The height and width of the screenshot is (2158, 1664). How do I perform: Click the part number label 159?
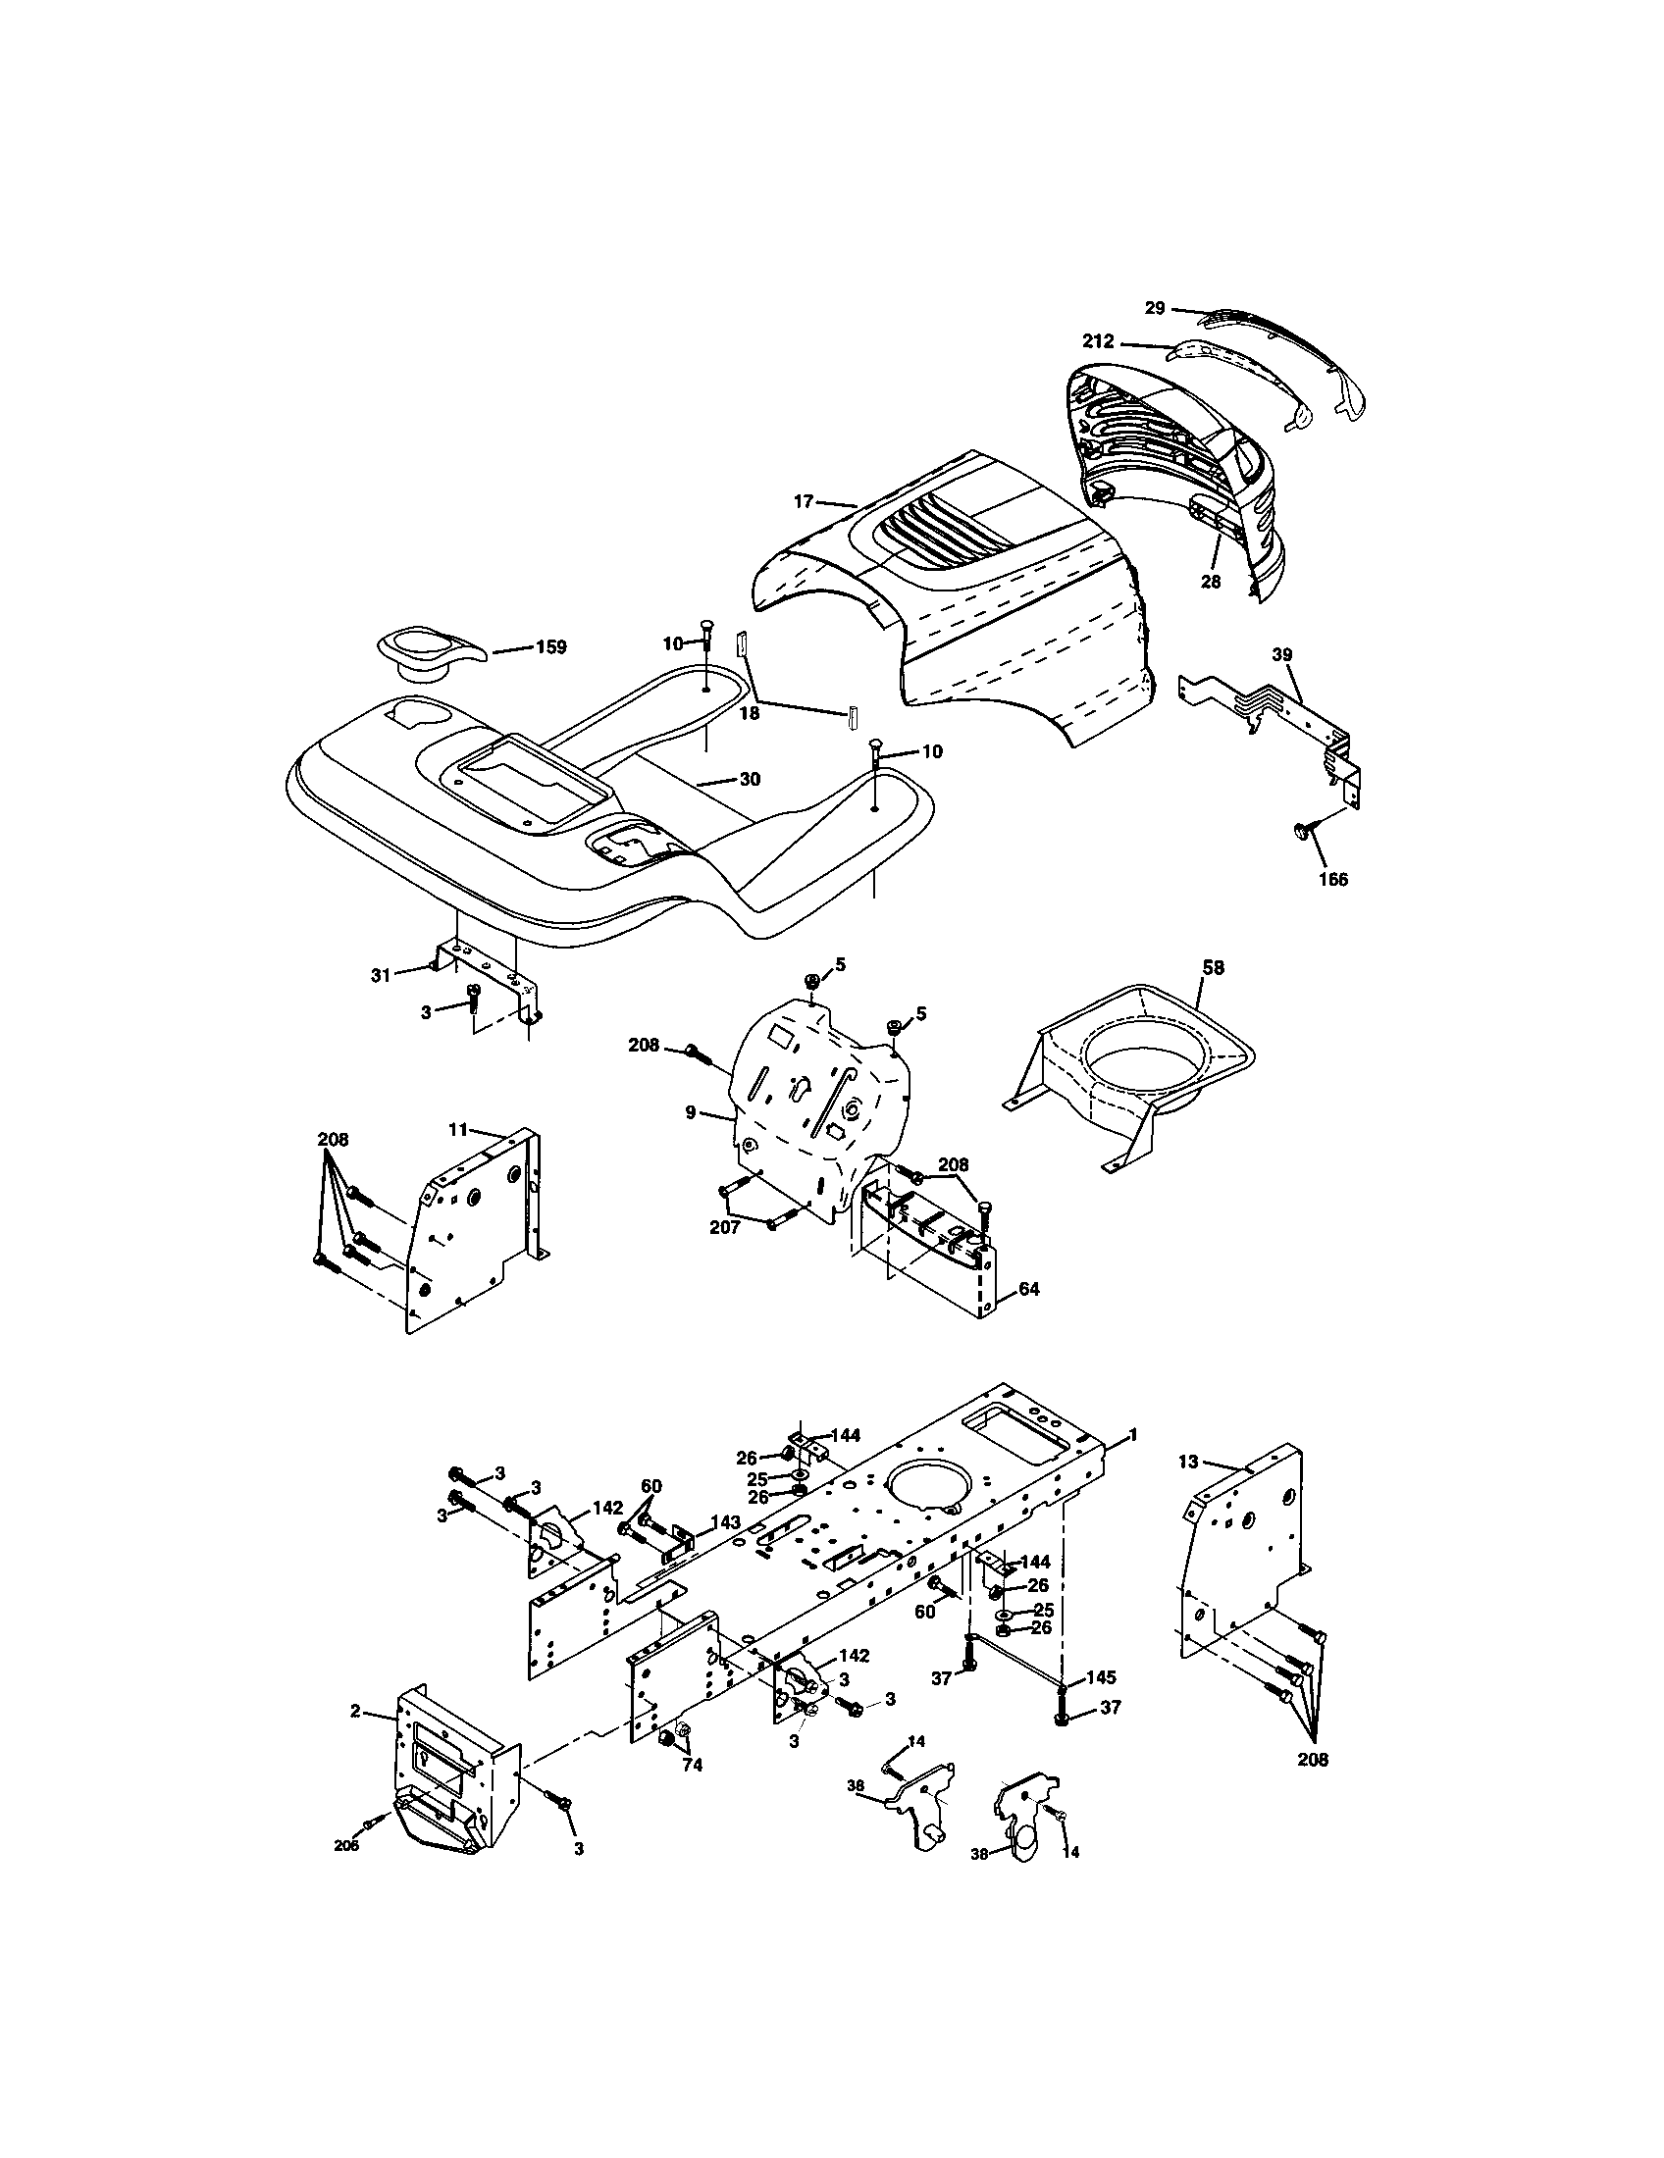pyautogui.click(x=550, y=648)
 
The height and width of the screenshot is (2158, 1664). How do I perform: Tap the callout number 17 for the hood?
pyautogui.click(x=804, y=502)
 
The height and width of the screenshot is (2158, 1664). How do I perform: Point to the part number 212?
pyautogui.click(x=1098, y=342)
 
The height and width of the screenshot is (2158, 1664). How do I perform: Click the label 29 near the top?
pyautogui.click(x=1155, y=308)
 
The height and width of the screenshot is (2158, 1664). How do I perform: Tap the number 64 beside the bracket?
pyautogui.click(x=1028, y=1290)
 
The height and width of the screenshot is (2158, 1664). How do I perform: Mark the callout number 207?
pyautogui.click(x=724, y=1227)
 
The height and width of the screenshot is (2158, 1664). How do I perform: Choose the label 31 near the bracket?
pyautogui.click(x=381, y=975)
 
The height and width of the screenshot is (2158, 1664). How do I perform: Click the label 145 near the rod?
pyautogui.click(x=1102, y=1677)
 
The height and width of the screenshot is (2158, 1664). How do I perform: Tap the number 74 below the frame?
pyautogui.click(x=693, y=1766)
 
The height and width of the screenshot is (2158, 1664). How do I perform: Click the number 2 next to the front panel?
pyautogui.click(x=355, y=1712)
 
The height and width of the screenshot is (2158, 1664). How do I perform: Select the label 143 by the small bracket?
pyautogui.click(x=726, y=1522)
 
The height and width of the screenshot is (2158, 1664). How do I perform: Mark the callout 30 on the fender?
pyautogui.click(x=750, y=779)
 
